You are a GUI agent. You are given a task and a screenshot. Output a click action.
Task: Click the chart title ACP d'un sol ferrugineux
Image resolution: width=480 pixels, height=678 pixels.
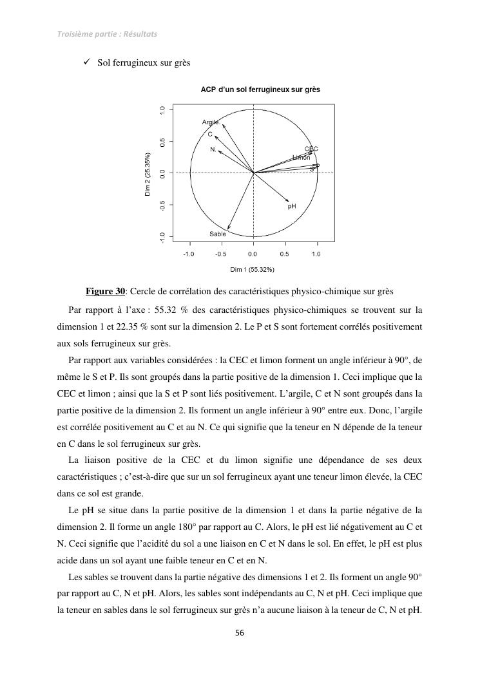260,89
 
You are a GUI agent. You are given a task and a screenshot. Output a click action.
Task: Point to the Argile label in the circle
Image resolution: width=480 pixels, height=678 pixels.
211,122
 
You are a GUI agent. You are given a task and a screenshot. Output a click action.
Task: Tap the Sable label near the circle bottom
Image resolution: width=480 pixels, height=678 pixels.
218,234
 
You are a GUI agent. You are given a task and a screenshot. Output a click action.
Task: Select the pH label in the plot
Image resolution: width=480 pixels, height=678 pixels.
292,207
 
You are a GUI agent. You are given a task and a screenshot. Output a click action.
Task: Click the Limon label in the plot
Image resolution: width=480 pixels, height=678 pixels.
301,158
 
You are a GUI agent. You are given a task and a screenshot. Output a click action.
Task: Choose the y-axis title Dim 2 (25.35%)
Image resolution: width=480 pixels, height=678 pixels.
148,174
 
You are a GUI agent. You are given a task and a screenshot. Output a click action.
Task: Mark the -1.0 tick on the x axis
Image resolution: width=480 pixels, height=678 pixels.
189,254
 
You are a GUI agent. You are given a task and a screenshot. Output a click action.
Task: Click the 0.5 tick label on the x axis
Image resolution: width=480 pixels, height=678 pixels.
285,254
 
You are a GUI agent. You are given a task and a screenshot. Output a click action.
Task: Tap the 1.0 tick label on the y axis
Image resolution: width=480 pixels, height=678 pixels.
162,111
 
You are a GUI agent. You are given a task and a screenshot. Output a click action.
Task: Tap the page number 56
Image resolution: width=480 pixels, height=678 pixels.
240,633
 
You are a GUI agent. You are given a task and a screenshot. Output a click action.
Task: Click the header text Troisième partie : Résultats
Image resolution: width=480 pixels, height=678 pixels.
107,33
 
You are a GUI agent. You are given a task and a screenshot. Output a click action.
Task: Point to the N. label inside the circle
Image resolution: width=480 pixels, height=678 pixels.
213,149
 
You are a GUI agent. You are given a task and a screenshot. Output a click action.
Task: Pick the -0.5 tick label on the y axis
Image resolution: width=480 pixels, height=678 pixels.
162,205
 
